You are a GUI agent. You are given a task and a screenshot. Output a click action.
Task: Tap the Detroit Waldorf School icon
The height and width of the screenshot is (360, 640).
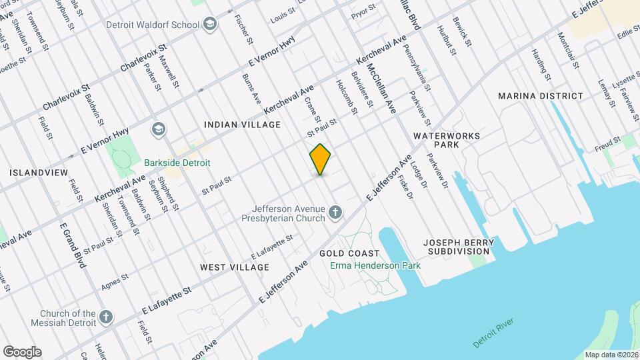click(x=211, y=25)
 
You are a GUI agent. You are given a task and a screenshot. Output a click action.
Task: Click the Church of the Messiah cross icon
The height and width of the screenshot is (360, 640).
click(x=106, y=317)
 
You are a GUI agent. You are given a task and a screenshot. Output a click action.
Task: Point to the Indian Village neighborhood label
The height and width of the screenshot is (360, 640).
click(x=242, y=125)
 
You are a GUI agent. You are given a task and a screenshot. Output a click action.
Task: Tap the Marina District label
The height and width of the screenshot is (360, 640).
click(x=541, y=96)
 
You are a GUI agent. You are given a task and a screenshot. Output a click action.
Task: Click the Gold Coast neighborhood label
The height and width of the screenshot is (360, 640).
click(x=349, y=253)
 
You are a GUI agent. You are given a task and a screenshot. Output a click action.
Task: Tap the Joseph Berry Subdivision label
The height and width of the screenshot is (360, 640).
click(x=461, y=246)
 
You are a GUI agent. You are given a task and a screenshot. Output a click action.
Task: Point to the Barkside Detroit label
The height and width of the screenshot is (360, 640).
click(x=177, y=163)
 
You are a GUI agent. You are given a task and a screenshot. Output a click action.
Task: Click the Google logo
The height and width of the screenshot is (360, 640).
click(x=22, y=352)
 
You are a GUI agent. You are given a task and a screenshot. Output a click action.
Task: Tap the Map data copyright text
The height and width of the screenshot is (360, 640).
click(x=611, y=354)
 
